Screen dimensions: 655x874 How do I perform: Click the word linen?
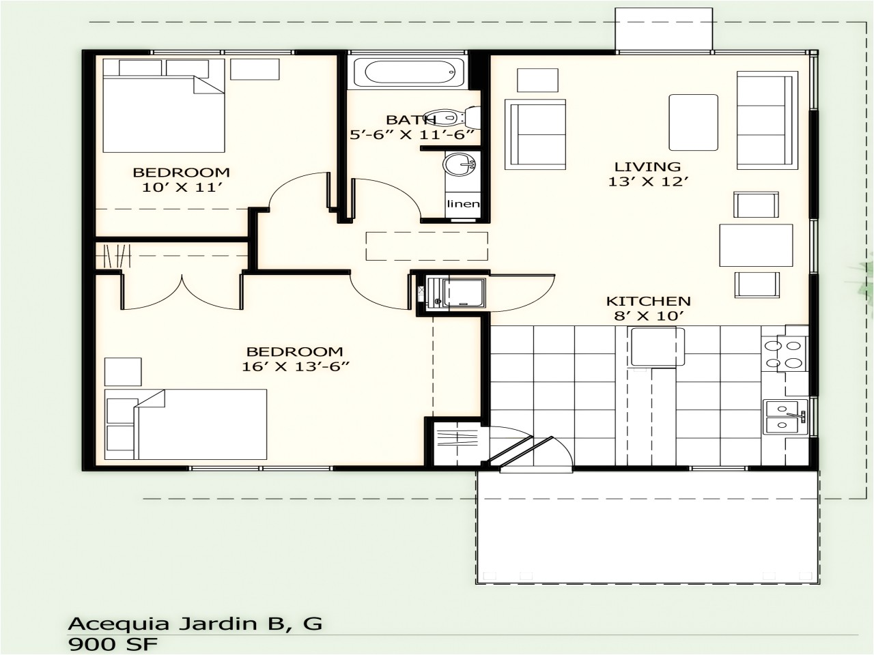(x=463, y=204)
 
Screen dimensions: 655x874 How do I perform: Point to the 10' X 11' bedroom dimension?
(x=181, y=186)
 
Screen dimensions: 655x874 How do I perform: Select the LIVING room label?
(x=647, y=166)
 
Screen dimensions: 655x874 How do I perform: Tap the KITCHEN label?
(x=648, y=301)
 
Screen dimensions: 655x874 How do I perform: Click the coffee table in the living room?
(x=693, y=122)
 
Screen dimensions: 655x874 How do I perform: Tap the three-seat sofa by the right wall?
(x=763, y=120)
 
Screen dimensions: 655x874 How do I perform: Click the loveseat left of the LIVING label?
(x=535, y=134)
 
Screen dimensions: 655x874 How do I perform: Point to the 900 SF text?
(x=115, y=643)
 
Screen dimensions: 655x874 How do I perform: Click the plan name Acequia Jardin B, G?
(x=195, y=623)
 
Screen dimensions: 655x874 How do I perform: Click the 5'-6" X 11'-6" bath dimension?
(x=412, y=134)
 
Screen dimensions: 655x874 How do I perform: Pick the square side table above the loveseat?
(x=537, y=80)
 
